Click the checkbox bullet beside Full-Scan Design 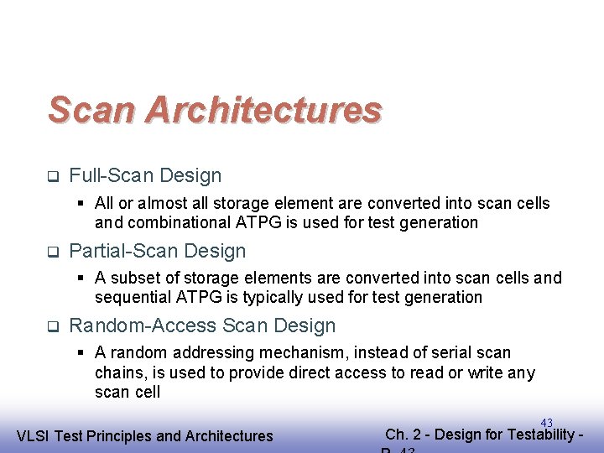51,176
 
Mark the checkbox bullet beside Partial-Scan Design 51,252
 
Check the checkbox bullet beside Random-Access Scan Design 51,326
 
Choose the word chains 118,372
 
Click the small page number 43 546,424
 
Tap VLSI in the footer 34,435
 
